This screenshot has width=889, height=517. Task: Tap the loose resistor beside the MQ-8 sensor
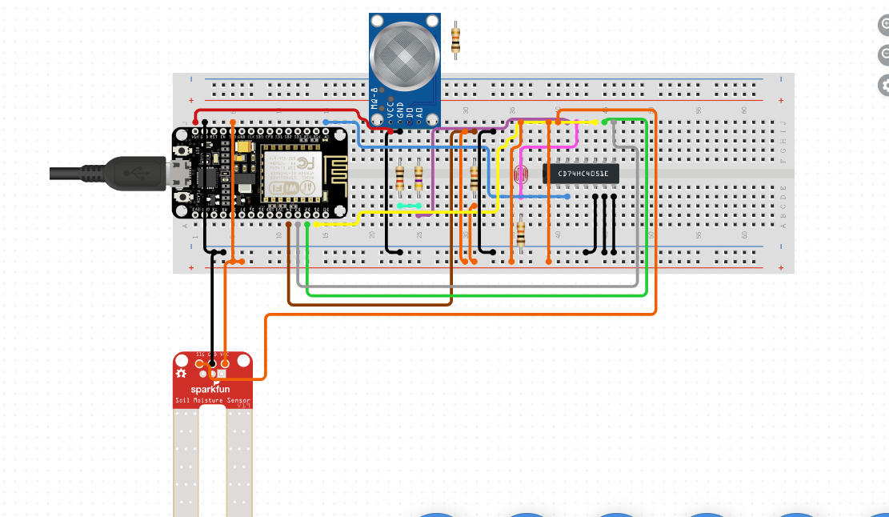click(x=455, y=39)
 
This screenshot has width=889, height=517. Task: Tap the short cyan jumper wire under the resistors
click(x=410, y=206)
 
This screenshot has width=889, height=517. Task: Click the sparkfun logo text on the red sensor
click(x=209, y=390)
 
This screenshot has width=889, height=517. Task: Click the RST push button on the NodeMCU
click(x=184, y=150)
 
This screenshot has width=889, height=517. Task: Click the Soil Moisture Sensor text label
click(x=213, y=401)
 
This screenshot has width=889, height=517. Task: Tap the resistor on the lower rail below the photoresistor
click(x=521, y=234)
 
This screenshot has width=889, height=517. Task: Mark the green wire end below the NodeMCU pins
click(x=307, y=225)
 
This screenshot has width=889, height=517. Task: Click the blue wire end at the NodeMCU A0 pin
click(x=326, y=122)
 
